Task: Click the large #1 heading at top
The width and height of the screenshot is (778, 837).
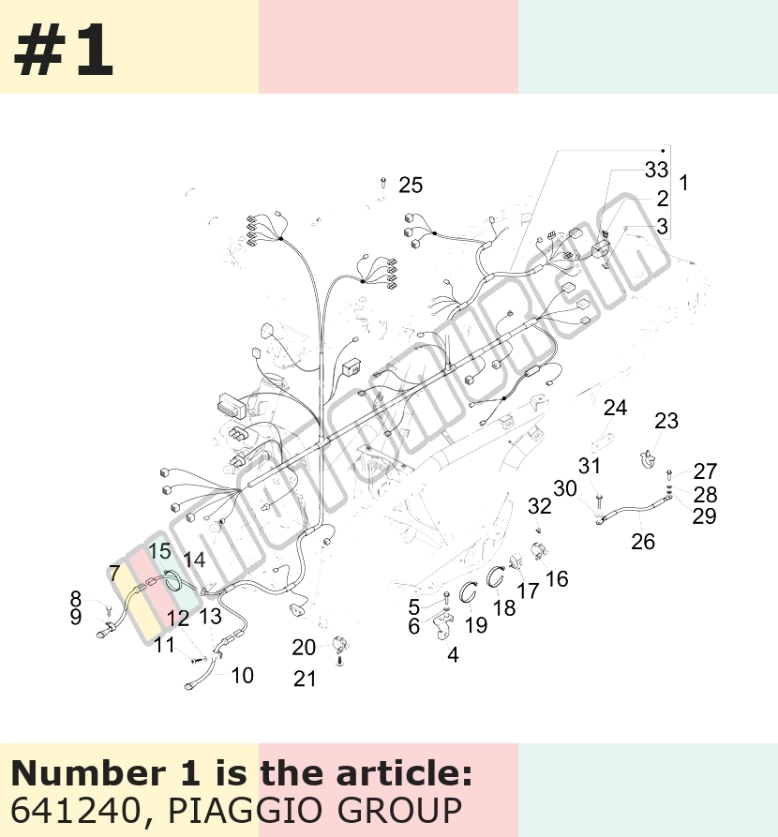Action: pyautogui.click(x=63, y=51)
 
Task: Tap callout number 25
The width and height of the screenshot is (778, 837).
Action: pyautogui.click(x=411, y=186)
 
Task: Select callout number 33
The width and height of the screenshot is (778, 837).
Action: pyautogui.click(x=656, y=170)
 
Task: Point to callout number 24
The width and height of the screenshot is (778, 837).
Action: pyautogui.click(x=615, y=408)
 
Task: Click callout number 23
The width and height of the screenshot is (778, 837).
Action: pyautogui.click(x=666, y=421)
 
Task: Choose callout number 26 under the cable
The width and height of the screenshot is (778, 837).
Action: pyautogui.click(x=643, y=541)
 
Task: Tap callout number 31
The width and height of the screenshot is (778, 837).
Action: pyautogui.click(x=590, y=466)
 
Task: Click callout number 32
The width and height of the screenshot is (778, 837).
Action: pyautogui.click(x=540, y=506)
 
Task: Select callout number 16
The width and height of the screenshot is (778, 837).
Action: pyautogui.click(x=557, y=578)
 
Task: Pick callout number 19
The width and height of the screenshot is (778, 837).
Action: pyautogui.click(x=476, y=625)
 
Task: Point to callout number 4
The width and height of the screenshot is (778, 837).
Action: pyautogui.click(x=453, y=654)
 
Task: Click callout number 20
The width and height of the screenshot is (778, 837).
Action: pyautogui.click(x=304, y=648)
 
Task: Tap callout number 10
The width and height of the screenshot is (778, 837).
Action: pyautogui.click(x=243, y=676)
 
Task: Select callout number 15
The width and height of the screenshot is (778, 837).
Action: pyautogui.click(x=159, y=551)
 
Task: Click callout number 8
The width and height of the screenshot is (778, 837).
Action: pyautogui.click(x=76, y=598)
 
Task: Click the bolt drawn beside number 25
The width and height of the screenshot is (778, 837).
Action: pyautogui.click(x=383, y=183)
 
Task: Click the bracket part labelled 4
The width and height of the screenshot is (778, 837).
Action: pyautogui.click(x=444, y=625)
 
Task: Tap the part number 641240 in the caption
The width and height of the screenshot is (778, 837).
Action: pyautogui.click(x=74, y=811)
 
